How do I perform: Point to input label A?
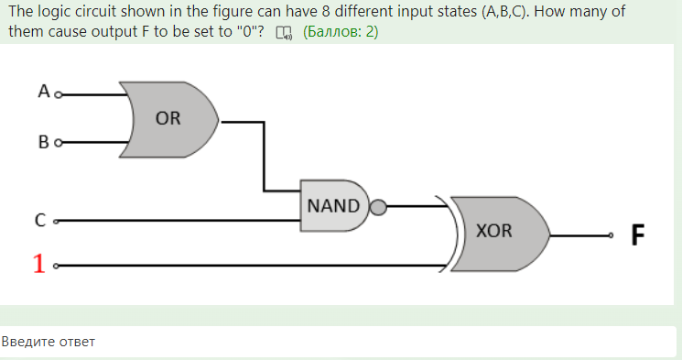click(43, 91)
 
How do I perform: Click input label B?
click(43, 143)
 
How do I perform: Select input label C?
click(40, 220)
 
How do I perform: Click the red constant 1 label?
click(38, 264)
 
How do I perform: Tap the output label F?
click(638, 235)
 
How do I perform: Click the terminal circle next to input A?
click(59, 93)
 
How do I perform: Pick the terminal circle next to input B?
click(59, 144)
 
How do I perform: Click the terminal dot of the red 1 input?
click(57, 267)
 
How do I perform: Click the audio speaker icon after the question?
click(285, 33)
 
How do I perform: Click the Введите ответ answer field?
click(339, 342)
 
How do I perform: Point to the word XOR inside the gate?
click(494, 231)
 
